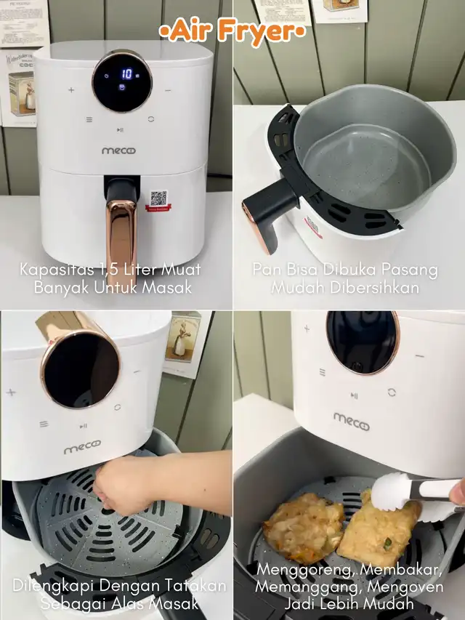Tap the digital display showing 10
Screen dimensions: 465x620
[123, 81]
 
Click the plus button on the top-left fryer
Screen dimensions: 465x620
[71, 89]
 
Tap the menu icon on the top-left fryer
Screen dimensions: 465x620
[89, 119]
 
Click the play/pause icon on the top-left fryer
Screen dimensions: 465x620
[120, 129]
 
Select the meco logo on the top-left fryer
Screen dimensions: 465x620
[118, 150]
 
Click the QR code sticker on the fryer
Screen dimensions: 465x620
[158, 200]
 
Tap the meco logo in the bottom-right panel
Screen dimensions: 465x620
[351, 422]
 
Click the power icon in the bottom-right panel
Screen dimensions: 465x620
[392, 392]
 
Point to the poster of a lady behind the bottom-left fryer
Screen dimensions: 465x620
[183, 337]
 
